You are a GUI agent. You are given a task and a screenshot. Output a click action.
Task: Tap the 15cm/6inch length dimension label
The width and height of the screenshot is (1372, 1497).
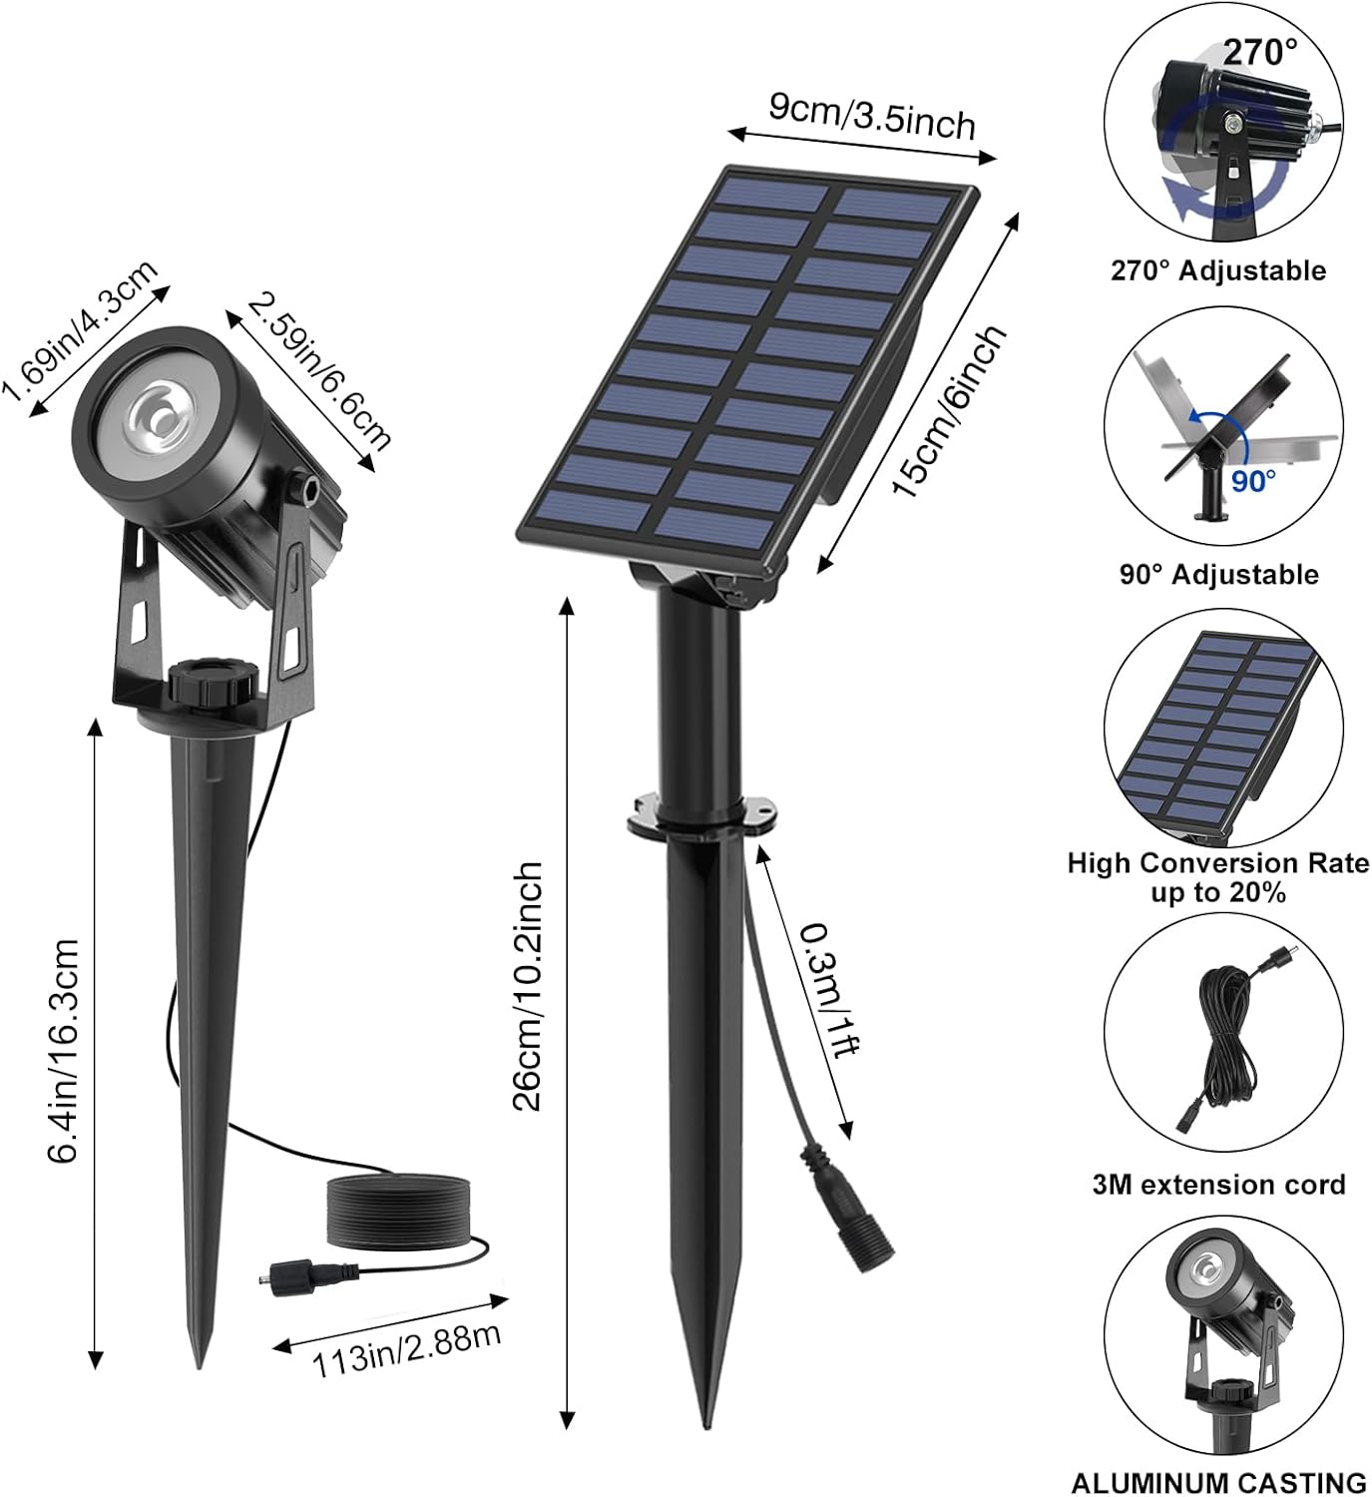(948, 410)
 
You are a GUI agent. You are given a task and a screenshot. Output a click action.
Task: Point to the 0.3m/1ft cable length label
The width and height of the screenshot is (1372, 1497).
(830, 989)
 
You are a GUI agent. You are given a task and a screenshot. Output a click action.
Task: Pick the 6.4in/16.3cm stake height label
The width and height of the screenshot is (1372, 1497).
(62, 1051)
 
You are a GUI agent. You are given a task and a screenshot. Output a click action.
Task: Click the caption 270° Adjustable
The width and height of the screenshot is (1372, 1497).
(1218, 270)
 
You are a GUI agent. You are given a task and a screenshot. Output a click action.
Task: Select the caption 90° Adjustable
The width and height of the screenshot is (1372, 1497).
(1218, 575)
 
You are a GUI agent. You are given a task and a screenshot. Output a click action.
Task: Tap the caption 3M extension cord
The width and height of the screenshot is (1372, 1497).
(1218, 1185)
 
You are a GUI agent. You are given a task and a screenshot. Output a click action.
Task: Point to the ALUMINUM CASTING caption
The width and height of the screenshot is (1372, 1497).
(1218, 1483)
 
